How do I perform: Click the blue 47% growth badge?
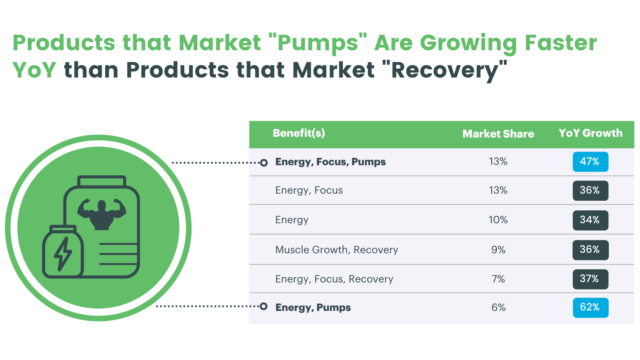pyautogui.click(x=590, y=162)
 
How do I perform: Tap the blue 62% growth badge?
pyautogui.click(x=590, y=307)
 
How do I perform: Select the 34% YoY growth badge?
pyautogui.click(x=590, y=220)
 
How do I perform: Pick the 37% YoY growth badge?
pyautogui.click(x=590, y=279)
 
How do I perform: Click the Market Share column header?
pyautogui.click(x=498, y=134)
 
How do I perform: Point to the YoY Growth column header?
pyautogui.click(x=591, y=133)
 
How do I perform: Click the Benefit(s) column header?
pyautogui.click(x=299, y=133)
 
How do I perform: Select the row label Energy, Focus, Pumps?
pyautogui.click(x=330, y=162)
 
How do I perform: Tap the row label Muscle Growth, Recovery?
pyautogui.click(x=337, y=250)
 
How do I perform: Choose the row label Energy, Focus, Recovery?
pyautogui.click(x=334, y=279)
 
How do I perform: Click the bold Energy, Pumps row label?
pyautogui.click(x=313, y=308)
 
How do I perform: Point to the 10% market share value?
pyautogui.click(x=498, y=220)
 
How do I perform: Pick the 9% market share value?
pyautogui.click(x=498, y=250)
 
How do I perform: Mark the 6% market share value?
pyautogui.click(x=498, y=308)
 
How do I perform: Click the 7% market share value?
pyautogui.click(x=498, y=279)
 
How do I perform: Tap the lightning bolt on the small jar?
pyautogui.click(x=63, y=254)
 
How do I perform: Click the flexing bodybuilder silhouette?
pyautogui.click(x=102, y=214)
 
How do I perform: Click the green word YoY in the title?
pyautogui.click(x=34, y=71)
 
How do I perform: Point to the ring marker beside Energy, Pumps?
pyautogui.click(x=264, y=306)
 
